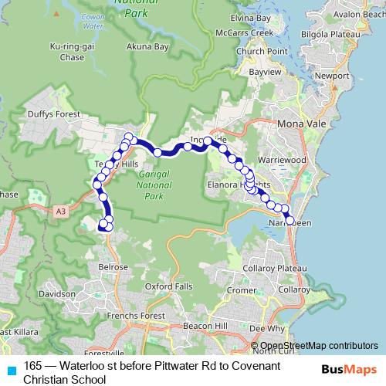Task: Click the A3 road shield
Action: coord(61,209)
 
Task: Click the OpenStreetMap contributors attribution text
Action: coord(319,346)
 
